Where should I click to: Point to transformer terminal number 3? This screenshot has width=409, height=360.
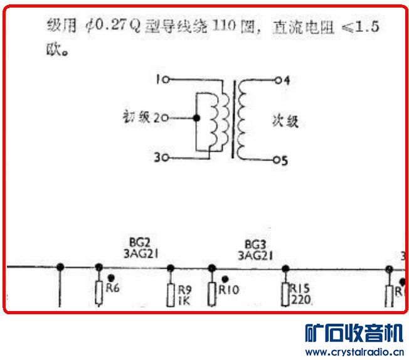(160, 158)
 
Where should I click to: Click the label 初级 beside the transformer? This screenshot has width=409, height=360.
(137, 117)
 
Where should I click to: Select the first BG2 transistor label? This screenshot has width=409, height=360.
(140, 242)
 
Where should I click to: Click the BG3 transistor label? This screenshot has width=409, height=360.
(254, 242)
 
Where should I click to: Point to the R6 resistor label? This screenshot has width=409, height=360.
(113, 289)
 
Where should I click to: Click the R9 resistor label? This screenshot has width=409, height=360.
(184, 290)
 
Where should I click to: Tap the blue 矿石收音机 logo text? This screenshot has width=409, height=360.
(354, 332)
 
